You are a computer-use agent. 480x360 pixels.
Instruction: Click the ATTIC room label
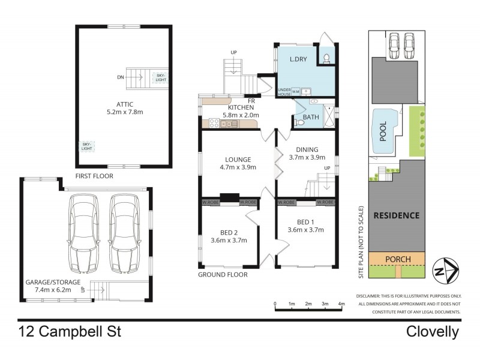click(123, 103)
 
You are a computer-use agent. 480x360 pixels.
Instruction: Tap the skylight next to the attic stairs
click(161, 76)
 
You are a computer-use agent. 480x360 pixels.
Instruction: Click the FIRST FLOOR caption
click(94, 176)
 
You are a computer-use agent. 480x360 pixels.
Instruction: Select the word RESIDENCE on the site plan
click(397, 215)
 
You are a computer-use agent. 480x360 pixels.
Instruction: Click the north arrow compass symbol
click(447, 271)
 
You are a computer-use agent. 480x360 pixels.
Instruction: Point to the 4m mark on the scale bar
click(341, 304)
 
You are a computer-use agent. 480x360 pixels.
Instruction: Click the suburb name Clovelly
click(432, 332)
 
